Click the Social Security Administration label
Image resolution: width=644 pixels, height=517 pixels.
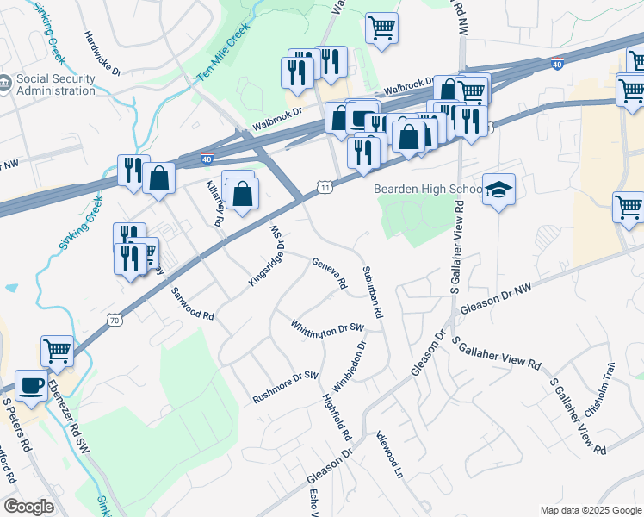[x=56, y=84]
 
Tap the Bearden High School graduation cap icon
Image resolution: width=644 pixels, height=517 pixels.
[x=498, y=190]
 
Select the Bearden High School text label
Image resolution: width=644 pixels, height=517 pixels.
[x=427, y=189]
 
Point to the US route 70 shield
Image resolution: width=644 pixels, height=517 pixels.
[x=115, y=320]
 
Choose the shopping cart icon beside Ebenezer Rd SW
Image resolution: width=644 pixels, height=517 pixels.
[x=57, y=350]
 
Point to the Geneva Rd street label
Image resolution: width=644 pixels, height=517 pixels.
[x=328, y=273]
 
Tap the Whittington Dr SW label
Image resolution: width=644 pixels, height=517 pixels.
[x=327, y=329]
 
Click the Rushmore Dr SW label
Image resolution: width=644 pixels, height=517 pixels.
[x=285, y=388]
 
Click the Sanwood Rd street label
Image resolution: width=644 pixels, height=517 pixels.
[x=192, y=303]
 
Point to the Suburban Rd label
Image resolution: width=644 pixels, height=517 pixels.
[x=373, y=297]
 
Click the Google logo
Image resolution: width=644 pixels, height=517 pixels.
[x=29, y=507]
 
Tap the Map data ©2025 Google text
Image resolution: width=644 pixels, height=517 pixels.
[x=590, y=510]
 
